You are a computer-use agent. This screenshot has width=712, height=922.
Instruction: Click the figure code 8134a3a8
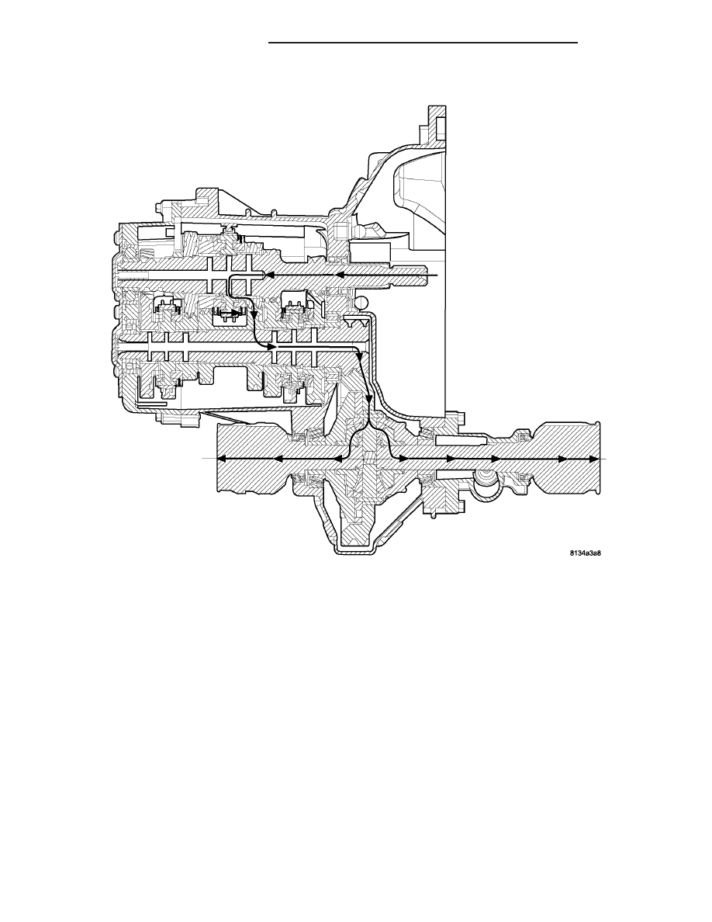pyautogui.click(x=585, y=553)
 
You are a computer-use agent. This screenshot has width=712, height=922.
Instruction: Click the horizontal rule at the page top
pyautogui.click(x=423, y=43)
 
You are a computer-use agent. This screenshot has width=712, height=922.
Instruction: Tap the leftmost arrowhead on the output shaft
pyautogui.click(x=222, y=459)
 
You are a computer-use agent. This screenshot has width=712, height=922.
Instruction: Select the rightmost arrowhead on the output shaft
pyautogui.click(x=595, y=459)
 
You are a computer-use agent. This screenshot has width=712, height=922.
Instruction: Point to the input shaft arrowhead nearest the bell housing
pyautogui.click(x=340, y=275)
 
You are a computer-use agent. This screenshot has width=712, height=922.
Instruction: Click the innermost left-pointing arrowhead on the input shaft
pyautogui.click(x=271, y=275)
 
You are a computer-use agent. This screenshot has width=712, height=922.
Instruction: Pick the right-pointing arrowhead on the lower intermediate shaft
pyautogui.click(x=272, y=347)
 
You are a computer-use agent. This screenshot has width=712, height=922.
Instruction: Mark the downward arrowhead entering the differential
pyautogui.click(x=369, y=399)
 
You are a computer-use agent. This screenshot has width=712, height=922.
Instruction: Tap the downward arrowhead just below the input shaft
pyautogui.click(x=253, y=315)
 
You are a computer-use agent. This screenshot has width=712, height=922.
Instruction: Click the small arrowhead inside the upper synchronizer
pyautogui.click(x=236, y=312)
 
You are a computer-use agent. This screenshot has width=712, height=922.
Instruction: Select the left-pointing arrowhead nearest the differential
pyautogui.click(x=338, y=459)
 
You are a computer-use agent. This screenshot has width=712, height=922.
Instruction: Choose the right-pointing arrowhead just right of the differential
pyautogui.click(x=403, y=459)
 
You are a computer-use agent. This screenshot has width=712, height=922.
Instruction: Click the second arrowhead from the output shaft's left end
pyautogui.click(x=278, y=459)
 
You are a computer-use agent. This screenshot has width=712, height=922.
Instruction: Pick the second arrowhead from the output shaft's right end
pyautogui.click(x=562, y=459)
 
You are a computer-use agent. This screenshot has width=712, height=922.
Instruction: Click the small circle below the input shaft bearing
pyautogui.click(x=362, y=302)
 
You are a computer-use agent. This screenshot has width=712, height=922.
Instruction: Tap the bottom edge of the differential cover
pyautogui.click(x=353, y=551)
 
